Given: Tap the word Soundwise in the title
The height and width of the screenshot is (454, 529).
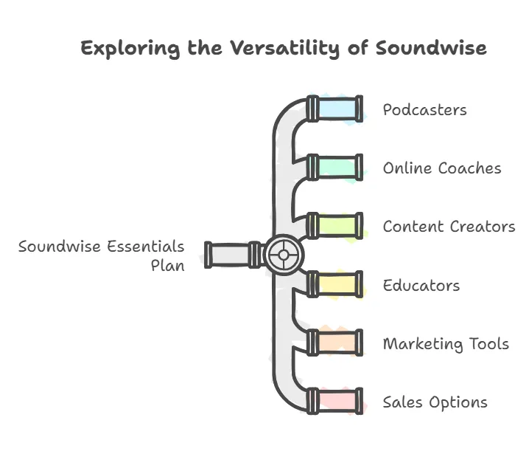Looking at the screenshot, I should [x=431, y=49].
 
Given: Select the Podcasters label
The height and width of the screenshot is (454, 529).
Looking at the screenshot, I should [x=424, y=110].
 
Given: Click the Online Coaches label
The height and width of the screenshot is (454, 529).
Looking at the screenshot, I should [x=442, y=168].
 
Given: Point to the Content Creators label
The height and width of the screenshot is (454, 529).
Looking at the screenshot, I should [x=449, y=227].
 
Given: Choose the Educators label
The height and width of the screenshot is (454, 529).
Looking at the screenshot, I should [x=421, y=285].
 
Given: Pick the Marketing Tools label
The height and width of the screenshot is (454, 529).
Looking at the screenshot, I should [x=446, y=343].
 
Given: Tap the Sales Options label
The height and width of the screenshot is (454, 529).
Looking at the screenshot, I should [x=435, y=402].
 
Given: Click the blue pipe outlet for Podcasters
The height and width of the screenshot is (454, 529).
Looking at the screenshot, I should [x=335, y=109].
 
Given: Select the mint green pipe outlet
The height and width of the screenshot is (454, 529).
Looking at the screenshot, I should [x=335, y=167].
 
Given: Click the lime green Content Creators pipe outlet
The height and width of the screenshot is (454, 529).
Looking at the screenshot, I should [x=335, y=225].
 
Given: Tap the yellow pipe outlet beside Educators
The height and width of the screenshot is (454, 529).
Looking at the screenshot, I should [x=335, y=284].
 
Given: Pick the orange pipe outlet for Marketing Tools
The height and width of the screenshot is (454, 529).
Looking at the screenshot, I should [x=335, y=343].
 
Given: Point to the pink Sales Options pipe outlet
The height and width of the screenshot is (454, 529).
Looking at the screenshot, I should [x=335, y=401].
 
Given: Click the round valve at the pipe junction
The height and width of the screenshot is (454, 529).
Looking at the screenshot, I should [x=281, y=255].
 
